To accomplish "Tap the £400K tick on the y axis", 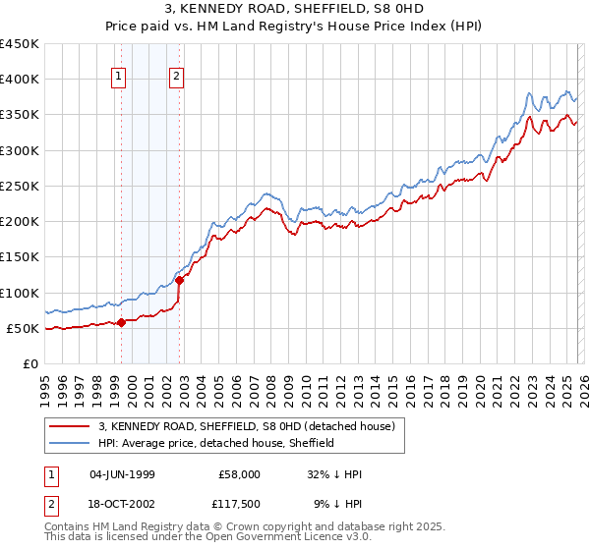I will point(20,80).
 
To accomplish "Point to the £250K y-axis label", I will point(20,186).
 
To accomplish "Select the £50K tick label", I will point(24,328).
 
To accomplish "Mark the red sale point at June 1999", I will point(121,322).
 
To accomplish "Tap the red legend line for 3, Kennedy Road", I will point(71,426).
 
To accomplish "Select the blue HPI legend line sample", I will point(71,443).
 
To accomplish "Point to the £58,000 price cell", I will point(238,474).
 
